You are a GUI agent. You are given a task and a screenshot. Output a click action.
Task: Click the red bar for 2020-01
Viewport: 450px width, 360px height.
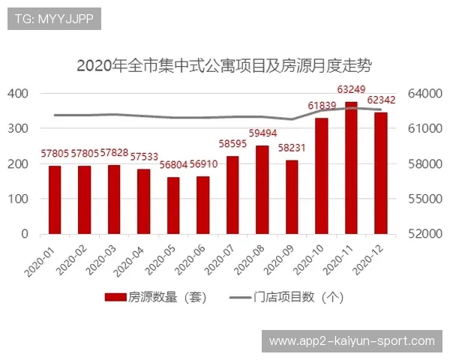(55, 199)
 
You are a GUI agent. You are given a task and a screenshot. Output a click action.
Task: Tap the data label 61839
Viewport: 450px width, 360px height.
(322, 106)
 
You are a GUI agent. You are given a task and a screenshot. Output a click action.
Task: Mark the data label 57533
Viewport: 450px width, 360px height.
(144, 157)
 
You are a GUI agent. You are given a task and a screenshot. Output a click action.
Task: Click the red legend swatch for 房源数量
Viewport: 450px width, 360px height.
(115, 297)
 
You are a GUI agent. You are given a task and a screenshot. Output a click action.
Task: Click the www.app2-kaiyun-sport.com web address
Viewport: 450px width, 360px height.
(352, 341)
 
